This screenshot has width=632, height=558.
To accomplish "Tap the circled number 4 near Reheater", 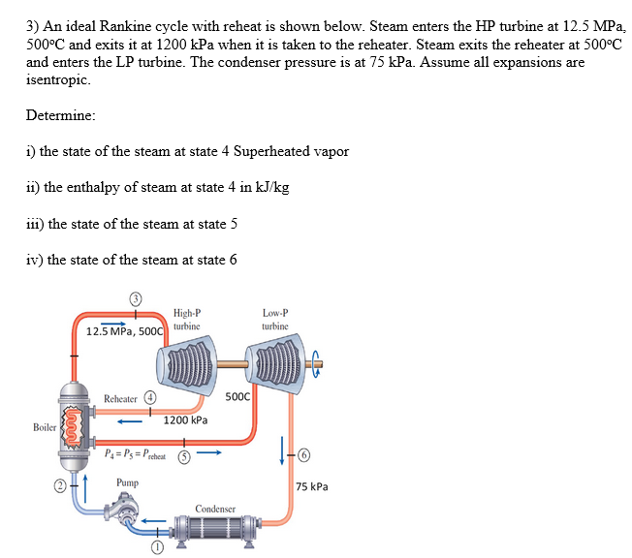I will tap(150, 396).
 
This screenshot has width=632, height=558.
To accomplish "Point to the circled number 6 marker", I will tap(303, 453).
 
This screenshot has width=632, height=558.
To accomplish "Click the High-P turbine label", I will tap(187, 319).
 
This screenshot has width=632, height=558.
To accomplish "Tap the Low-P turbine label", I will tap(274, 319).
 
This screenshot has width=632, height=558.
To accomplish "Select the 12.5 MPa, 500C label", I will tap(125, 332).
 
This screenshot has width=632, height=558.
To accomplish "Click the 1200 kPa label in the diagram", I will tap(185, 420).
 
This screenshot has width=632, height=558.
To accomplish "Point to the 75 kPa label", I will tap(313, 486).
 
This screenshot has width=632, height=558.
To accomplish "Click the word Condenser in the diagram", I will tap(215, 508).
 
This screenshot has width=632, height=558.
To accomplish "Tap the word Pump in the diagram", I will tap(127, 481).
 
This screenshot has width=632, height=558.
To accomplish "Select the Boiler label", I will tap(45, 427).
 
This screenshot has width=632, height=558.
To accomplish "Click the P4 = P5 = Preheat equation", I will tap(135, 454).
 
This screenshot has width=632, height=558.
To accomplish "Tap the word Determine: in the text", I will tap(61, 115).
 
